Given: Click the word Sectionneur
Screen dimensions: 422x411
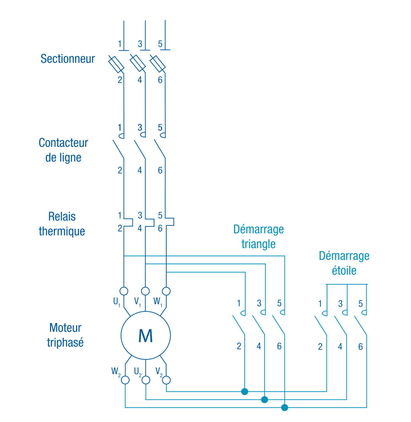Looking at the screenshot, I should tap(68, 59).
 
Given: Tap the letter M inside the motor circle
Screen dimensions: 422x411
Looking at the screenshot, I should tap(145, 336).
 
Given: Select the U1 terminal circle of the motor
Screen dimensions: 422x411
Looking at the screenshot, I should tap(124, 291).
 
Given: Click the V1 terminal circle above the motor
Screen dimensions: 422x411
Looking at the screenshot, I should tap(145, 291).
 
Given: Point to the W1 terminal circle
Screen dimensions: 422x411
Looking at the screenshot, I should tap(166, 291).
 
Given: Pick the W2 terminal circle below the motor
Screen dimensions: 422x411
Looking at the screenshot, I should tap(125, 380).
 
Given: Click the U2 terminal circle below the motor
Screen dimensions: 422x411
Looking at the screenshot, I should tap(146, 380).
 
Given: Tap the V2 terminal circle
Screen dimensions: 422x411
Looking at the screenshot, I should tap(166, 380).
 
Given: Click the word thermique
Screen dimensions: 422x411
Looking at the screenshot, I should tap(62, 231).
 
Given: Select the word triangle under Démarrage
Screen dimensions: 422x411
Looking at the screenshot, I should tap(258, 244).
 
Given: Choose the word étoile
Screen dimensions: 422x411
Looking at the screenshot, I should tap(344, 271).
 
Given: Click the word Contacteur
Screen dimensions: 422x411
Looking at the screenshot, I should tap(63, 143).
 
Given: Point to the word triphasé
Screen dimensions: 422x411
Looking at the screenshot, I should tap(65, 343).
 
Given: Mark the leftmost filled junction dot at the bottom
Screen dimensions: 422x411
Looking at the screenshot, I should tap(244, 392).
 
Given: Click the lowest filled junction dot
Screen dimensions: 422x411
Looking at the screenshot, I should tap(285, 407).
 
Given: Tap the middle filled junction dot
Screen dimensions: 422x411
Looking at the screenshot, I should tap(264, 399).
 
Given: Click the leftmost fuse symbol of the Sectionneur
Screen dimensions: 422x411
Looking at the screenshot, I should tap(116, 64).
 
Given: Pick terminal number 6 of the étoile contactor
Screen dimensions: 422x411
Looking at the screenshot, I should tap(360, 347).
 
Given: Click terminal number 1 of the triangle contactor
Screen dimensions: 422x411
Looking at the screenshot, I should tap(239, 303).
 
